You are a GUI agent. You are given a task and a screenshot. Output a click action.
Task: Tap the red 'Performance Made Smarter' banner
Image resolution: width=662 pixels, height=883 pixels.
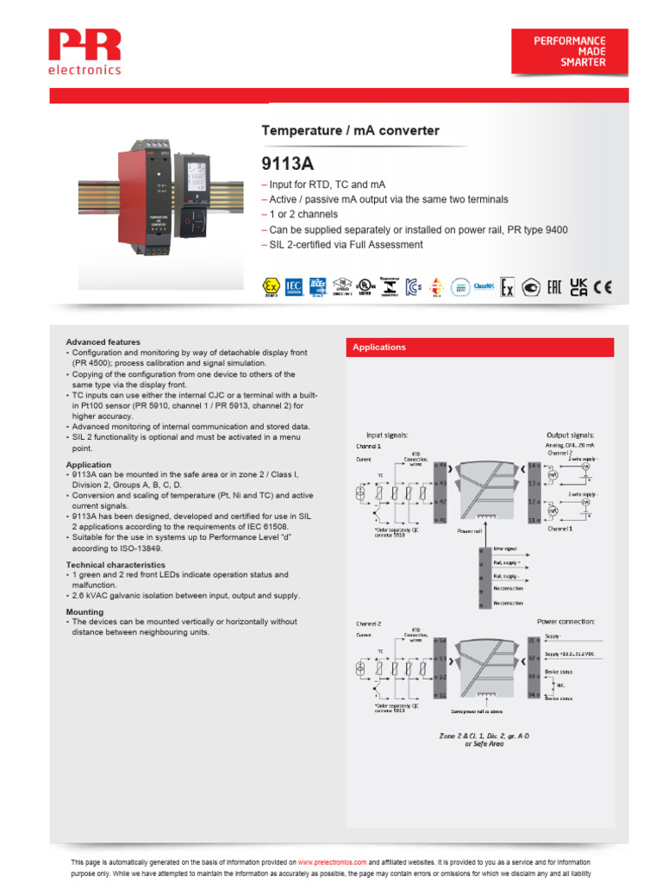coord(570,52)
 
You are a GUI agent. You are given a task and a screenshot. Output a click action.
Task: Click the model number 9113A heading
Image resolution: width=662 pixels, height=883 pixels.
coord(285,164)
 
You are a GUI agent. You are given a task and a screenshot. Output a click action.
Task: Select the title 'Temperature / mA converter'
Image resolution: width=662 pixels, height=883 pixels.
coord(350,131)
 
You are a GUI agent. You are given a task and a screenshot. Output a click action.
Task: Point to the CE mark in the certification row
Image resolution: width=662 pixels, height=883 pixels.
coord(603,287)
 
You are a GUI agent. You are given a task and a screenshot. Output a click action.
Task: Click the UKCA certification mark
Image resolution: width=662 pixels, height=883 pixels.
coord(578,287)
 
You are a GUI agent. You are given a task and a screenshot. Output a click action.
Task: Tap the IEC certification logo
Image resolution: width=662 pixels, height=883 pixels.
coord(293,287)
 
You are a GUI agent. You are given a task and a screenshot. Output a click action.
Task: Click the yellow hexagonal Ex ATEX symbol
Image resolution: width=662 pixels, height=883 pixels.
coord(271,287)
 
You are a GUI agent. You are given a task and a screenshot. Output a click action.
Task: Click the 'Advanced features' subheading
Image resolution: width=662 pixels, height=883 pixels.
coord(103,342)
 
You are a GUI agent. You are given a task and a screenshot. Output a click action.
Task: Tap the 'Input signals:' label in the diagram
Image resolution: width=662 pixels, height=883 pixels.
coord(387,435)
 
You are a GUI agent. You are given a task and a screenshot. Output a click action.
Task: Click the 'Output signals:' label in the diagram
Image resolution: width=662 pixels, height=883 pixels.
coord(570,435)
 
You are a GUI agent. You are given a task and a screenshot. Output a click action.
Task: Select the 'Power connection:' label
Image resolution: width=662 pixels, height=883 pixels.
coord(565,621)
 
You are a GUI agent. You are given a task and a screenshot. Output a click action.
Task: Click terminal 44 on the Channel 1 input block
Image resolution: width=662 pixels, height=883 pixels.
coord(440,466)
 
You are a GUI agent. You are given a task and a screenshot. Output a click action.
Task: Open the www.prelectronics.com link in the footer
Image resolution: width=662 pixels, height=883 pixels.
coord(333,862)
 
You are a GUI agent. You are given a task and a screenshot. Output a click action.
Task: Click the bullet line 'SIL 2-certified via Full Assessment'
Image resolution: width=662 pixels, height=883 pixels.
coord(341,245)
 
